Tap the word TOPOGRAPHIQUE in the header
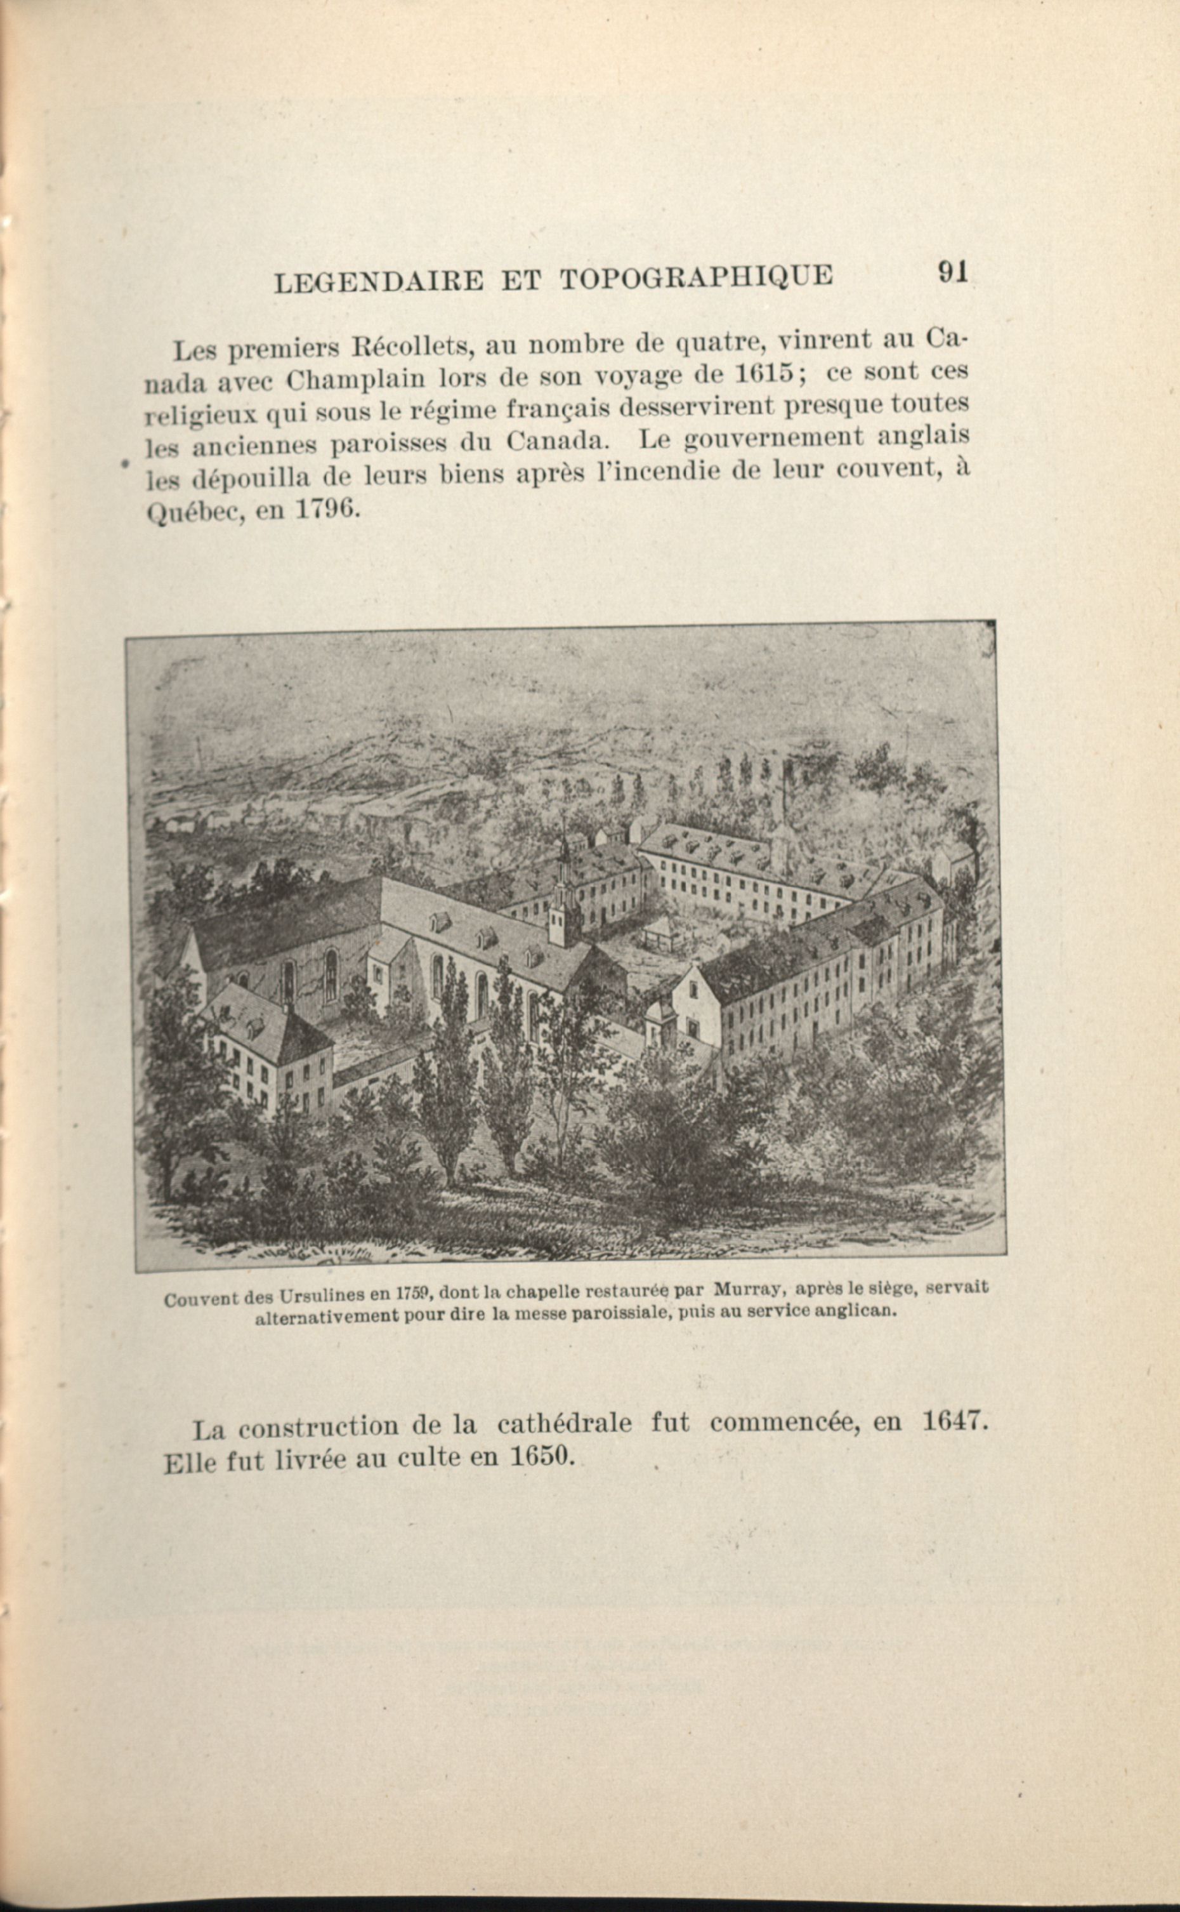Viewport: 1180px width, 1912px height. tap(696, 277)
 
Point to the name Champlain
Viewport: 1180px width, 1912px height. tap(355, 380)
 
